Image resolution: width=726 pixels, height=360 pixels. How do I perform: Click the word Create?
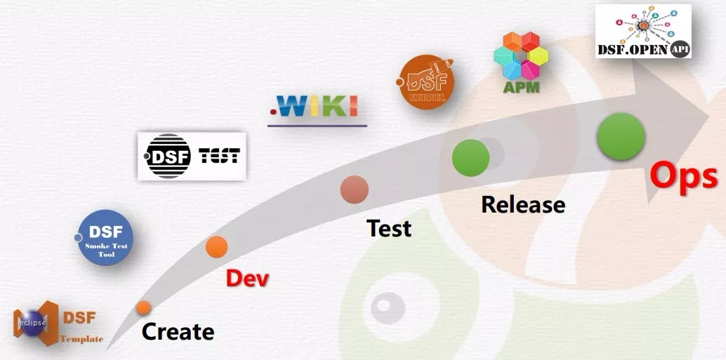(178, 331)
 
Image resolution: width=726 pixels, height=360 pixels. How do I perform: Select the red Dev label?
(247, 278)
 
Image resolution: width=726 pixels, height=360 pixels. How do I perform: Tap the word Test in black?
(389, 228)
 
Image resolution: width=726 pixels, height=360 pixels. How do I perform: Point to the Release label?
(523, 204)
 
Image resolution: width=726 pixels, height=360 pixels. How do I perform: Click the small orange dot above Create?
(144, 307)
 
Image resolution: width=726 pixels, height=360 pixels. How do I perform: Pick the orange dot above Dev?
(217, 247)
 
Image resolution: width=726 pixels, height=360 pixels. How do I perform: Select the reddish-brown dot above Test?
(355, 189)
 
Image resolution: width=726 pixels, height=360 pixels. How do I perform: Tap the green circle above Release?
(470, 158)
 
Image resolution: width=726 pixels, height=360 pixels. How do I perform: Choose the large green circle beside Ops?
(621, 136)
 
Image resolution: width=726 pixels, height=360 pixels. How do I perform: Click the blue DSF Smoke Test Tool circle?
(105, 238)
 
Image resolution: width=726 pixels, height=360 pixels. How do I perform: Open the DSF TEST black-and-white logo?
(192, 156)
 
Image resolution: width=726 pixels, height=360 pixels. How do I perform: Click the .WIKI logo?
(317, 106)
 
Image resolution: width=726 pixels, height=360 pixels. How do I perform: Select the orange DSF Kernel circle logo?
(426, 84)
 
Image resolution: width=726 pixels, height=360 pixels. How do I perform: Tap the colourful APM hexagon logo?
(520, 55)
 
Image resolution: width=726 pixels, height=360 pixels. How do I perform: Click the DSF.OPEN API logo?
(643, 31)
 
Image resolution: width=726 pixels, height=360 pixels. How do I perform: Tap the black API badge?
(680, 50)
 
